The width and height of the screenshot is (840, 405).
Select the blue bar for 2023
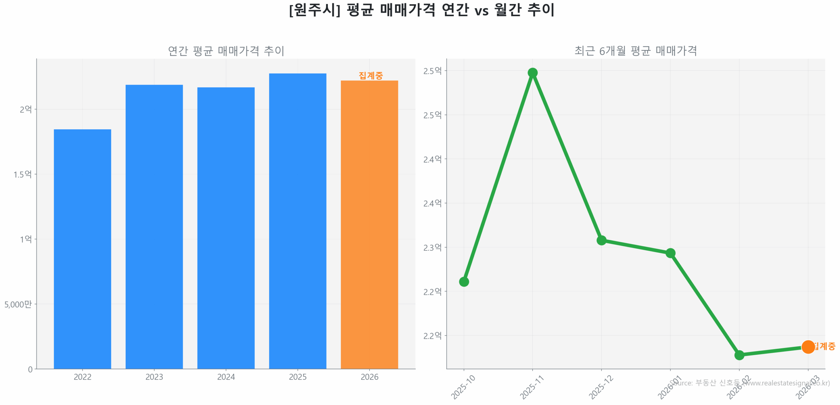tap(154, 226)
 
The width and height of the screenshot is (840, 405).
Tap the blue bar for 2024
tap(226, 228)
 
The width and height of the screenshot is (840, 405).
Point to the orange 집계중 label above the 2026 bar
tap(370, 75)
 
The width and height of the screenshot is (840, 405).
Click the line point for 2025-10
tap(464, 281)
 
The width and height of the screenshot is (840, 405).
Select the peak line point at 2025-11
tap(532, 73)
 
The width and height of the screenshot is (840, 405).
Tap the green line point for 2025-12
tap(601, 240)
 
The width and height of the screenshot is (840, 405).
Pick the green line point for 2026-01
tap(670, 253)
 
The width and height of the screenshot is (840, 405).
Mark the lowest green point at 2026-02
tap(739, 355)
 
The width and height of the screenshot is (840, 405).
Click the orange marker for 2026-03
tap(808, 347)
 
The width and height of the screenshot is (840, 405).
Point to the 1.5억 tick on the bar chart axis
tap(22, 174)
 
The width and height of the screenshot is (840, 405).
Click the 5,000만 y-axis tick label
tap(18, 304)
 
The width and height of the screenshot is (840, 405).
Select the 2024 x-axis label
tap(226, 377)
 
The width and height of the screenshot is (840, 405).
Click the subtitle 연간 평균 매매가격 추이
tap(226, 51)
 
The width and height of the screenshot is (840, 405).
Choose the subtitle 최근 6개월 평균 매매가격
tap(635, 51)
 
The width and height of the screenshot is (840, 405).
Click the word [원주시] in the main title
tap(314, 10)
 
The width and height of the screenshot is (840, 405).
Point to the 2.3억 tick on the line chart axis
tap(432, 247)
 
